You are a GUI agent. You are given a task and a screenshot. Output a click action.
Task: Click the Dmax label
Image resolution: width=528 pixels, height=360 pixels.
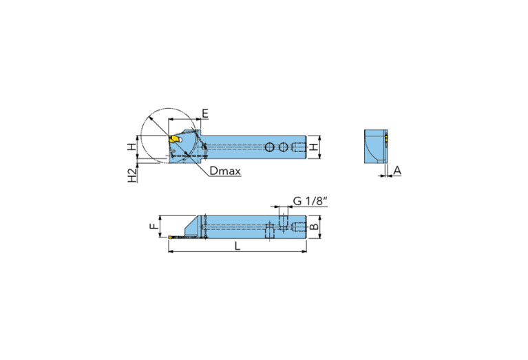click(225, 171)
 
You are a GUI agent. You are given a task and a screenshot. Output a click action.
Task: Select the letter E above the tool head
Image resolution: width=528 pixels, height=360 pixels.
click(204, 114)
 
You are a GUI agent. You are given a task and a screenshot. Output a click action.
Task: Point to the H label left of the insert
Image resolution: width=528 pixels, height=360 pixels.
click(129, 146)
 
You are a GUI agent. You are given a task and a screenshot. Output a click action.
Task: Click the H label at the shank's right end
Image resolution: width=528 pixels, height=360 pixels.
click(313, 147)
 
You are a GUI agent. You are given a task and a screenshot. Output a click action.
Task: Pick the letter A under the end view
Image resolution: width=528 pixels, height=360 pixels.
click(397, 169)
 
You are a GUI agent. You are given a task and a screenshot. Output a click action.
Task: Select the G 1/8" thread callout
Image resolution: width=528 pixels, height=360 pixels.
click(310, 200)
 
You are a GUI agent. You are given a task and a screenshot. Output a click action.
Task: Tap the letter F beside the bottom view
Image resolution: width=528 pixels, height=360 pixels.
click(154, 224)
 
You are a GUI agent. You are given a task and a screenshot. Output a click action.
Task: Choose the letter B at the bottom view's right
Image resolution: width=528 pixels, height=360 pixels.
click(313, 226)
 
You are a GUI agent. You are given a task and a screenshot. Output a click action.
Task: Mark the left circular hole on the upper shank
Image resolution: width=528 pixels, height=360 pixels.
click(270, 147)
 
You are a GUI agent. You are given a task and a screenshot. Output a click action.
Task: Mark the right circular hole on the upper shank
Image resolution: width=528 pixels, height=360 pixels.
click(283, 147)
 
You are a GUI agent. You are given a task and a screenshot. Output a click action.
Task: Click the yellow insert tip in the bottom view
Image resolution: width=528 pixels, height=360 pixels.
click(172, 237)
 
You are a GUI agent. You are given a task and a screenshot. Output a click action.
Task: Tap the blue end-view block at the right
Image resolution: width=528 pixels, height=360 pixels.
click(374, 146)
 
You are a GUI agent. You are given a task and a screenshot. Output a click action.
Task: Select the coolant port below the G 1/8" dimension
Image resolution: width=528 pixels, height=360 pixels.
click(283, 220)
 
